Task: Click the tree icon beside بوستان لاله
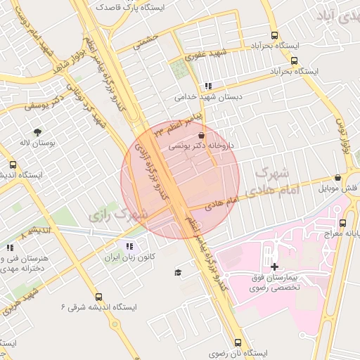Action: click(x=37, y=131)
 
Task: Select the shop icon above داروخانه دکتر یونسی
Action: click(x=202, y=135)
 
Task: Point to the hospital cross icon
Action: click(x=274, y=266)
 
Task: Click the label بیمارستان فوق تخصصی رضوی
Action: click(x=274, y=284)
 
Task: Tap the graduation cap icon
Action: click(x=178, y=272)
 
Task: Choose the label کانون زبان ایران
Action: click(x=129, y=257)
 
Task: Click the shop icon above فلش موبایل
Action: click(x=338, y=178)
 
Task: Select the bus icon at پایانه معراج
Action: click(x=348, y=219)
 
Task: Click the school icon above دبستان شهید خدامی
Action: click(x=207, y=86)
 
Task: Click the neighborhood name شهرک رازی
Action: click(x=120, y=214)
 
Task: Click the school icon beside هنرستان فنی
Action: click(x=10, y=247)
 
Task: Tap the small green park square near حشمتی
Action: click(x=179, y=69)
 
